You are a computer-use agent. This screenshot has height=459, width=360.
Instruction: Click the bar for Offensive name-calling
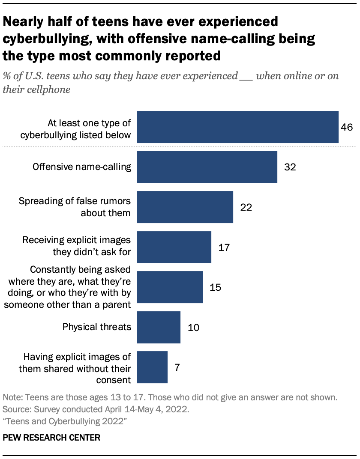tap(207, 167)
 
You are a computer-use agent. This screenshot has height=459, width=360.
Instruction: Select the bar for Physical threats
tap(159, 328)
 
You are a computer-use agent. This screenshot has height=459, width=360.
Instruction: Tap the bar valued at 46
tap(237, 127)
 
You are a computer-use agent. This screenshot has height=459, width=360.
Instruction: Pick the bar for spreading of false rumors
tap(185, 207)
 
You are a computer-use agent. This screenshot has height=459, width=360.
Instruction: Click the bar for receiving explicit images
tap(174, 247)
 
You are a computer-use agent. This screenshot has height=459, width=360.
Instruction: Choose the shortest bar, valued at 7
tap(152, 367)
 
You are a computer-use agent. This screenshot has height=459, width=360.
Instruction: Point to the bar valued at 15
tap(170, 287)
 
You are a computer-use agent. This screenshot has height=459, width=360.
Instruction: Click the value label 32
tap(290, 167)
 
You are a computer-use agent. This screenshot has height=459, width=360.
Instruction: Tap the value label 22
tap(246, 207)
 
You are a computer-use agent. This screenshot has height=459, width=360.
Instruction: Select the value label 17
tap(224, 247)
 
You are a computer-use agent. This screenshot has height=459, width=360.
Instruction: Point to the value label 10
tap(193, 328)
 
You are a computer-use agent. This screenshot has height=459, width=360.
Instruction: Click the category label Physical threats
tap(96, 328)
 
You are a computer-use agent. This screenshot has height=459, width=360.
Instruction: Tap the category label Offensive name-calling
tap(82, 167)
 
